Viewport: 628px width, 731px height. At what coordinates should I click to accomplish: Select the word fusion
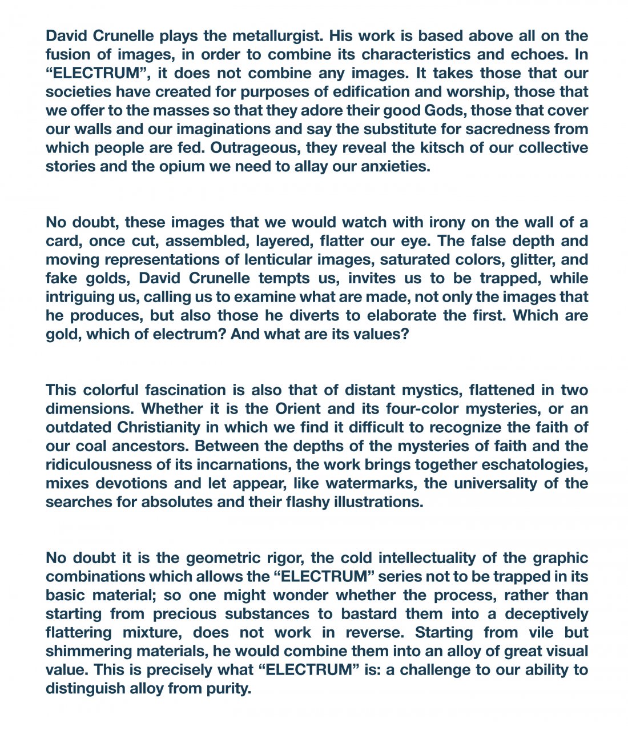pyautogui.click(x=70, y=55)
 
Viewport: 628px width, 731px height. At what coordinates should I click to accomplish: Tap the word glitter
pyautogui.click(x=513, y=259)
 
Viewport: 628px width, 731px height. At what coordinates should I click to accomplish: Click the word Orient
pyautogui.click(x=302, y=409)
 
